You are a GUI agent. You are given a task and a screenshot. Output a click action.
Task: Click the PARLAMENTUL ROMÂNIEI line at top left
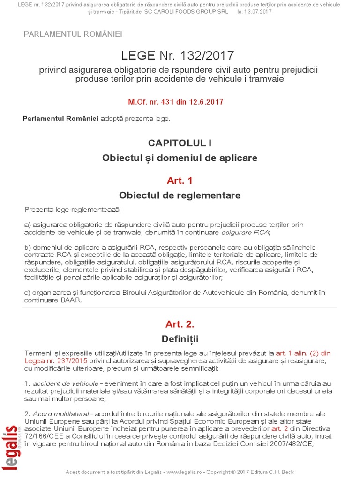(x=72, y=34)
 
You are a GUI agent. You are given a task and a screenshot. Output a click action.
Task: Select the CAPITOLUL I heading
(x=180, y=142)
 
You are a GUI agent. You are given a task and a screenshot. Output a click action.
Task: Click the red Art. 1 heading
(x=180, y=180)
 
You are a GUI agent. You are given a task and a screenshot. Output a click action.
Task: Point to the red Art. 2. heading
(x=180, y=324)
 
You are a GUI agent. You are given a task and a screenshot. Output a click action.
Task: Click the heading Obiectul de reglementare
(x=180, y=195)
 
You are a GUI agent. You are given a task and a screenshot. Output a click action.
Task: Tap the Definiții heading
(x=180, y=338)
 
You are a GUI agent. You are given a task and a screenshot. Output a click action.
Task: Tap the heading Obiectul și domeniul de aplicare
(x=180, y=158)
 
